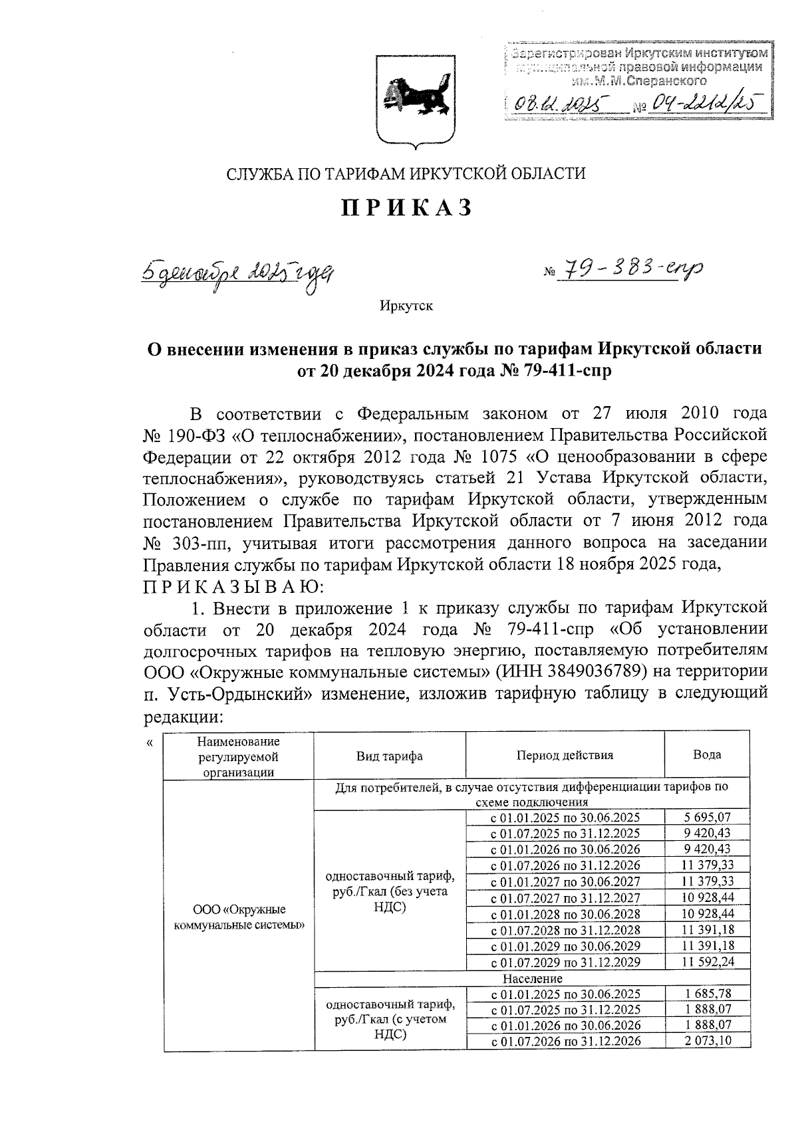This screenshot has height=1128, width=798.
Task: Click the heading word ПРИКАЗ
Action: [x=407, y=208]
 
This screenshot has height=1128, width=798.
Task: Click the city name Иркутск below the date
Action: [x=406, y=306]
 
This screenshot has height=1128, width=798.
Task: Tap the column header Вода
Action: [x=707, y=754]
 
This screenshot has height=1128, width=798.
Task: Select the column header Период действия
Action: [x=565, y=755]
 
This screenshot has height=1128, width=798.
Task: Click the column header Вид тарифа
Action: [x=390, y=756]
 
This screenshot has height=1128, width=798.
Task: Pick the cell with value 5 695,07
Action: [x=708, y=818]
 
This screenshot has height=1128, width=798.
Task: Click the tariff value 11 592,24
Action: [x=708, y=962]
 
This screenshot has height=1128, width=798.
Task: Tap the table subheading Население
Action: [x=532, y=978]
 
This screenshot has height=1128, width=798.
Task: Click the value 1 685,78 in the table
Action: [x=708, y=994]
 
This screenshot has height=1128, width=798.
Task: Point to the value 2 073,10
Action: [x=708, y=1042]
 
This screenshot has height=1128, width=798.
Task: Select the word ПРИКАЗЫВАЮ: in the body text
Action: [x=233, y=587]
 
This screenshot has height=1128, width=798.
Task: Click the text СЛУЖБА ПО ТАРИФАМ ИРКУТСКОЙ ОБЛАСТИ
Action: [x=406, y=174]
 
